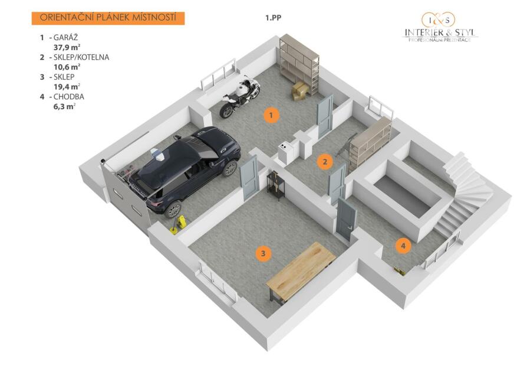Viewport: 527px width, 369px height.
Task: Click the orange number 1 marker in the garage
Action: pyautogui.click(x=271, y=116)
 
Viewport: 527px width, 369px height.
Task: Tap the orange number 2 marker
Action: pyautogui.click(x=325, y=162)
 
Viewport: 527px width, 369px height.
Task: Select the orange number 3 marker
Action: pyautogui.click(x=263, y=253)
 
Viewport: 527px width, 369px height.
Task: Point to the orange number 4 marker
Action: pyautogui.click(x=403, y=246)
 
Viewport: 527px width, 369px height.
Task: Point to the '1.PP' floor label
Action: pyautogui.click(x=274, y=18)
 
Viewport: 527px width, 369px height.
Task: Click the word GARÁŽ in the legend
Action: pyautogui.click(x=65, y=37)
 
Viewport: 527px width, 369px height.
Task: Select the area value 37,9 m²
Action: pyautogui.click(x=67, y=47)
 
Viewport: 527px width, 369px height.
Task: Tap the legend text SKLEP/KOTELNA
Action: pyautogui.click(x=81, y=57)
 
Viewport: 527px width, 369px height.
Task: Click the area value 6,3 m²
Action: pyautogui.click(x=64, y=107)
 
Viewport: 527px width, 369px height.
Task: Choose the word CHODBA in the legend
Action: pyautogui.click(x=69, y=97)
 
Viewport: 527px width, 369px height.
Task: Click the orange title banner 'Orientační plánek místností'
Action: pyautogui.click(x=108, y=18)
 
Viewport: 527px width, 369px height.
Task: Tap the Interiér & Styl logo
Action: pyautogui.click(x=440, y=27)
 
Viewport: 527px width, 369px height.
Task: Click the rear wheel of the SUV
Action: pyautogui.click(x=173, y=210)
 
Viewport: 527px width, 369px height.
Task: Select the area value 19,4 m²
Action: pyautogui.click(x=67, y=87)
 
